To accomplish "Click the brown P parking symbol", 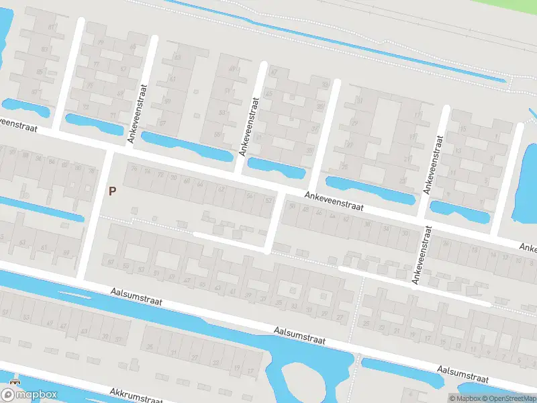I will (x=113, y=191).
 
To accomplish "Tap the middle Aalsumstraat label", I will (x=299, y=335).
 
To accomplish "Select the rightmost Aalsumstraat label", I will (x=462, y=373).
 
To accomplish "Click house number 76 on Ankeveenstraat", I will (x=134, y=169).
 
